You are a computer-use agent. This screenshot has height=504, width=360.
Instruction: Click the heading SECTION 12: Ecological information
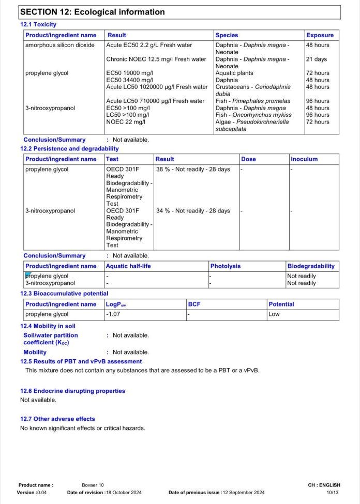[93, 12]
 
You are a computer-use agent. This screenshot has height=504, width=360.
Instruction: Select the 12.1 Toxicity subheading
[38, 24]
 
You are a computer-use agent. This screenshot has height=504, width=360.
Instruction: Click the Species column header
[227, 35]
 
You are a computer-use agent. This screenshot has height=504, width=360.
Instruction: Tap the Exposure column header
[320, 35]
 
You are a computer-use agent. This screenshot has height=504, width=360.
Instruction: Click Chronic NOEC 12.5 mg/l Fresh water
[156, 59]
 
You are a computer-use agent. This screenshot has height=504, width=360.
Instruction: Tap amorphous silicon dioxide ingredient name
[59, 45]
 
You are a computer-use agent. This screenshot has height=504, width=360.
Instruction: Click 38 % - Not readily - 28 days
[193, 169]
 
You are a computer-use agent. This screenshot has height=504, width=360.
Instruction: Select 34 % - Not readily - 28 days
[193, 210]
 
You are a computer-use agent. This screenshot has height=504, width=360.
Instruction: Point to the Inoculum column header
[304, 159]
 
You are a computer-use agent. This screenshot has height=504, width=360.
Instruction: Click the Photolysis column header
[226, 266]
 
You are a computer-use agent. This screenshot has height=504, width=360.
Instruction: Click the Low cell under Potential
[274, 314]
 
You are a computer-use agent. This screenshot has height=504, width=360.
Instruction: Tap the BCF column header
[194, 304]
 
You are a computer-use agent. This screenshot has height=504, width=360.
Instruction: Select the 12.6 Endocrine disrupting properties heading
[72, 391]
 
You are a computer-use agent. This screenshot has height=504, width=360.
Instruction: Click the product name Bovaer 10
[93, 485]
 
